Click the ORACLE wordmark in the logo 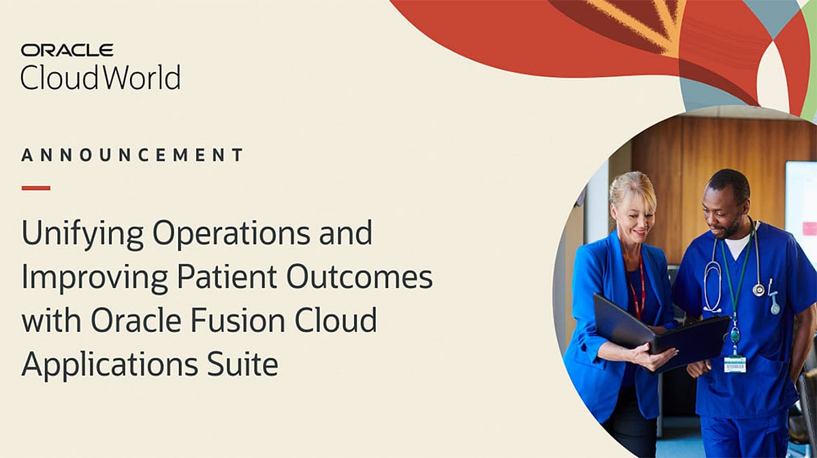click(x=67, y=50)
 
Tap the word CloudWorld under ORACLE click(x=100, y=78)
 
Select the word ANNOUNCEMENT click(x=132, y=155)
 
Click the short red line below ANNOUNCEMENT click(x=35, y=188)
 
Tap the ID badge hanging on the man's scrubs click(x=735, y=363)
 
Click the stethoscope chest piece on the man click(x=758, y=289)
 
